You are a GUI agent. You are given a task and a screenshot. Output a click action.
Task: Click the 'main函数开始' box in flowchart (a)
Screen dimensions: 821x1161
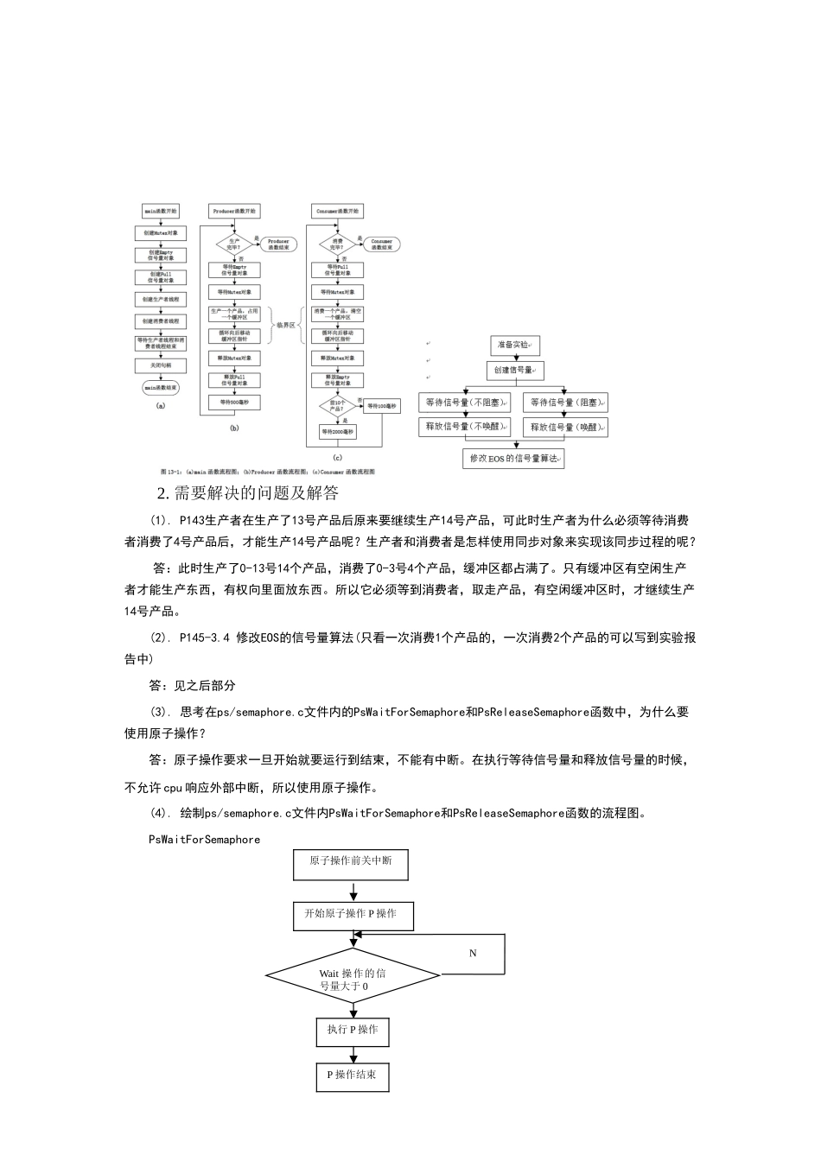[161, 211]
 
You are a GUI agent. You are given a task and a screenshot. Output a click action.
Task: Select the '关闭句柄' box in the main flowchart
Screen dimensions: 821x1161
[161, 365]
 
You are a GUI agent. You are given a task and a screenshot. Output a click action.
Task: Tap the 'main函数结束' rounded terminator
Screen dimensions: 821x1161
[161, 388]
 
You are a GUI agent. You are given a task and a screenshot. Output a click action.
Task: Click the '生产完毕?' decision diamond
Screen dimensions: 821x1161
[233, 244]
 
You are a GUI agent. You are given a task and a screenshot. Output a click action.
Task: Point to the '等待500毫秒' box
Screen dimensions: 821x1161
[233, 403]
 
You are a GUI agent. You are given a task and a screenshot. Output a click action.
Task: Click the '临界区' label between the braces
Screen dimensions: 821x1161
[285, 325]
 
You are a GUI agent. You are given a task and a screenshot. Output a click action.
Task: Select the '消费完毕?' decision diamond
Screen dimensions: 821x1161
[337, 244]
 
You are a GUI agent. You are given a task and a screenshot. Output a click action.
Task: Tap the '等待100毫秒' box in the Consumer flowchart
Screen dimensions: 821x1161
[381, 405]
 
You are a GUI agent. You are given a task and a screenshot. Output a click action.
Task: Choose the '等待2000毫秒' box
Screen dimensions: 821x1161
[337, 431]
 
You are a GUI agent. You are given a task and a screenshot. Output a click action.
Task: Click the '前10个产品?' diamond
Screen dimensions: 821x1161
[337, 405]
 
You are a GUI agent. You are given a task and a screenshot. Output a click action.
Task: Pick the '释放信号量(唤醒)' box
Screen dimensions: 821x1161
[565, 427]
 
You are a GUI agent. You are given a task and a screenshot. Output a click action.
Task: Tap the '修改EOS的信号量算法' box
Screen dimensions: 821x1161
[514, 459]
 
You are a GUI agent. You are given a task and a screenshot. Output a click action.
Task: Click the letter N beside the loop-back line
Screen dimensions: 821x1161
[473, 954]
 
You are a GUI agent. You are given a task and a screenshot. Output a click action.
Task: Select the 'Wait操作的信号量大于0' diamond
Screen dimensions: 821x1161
[353, 979]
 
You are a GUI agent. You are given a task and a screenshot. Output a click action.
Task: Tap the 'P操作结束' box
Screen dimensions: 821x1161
[353, 1075]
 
